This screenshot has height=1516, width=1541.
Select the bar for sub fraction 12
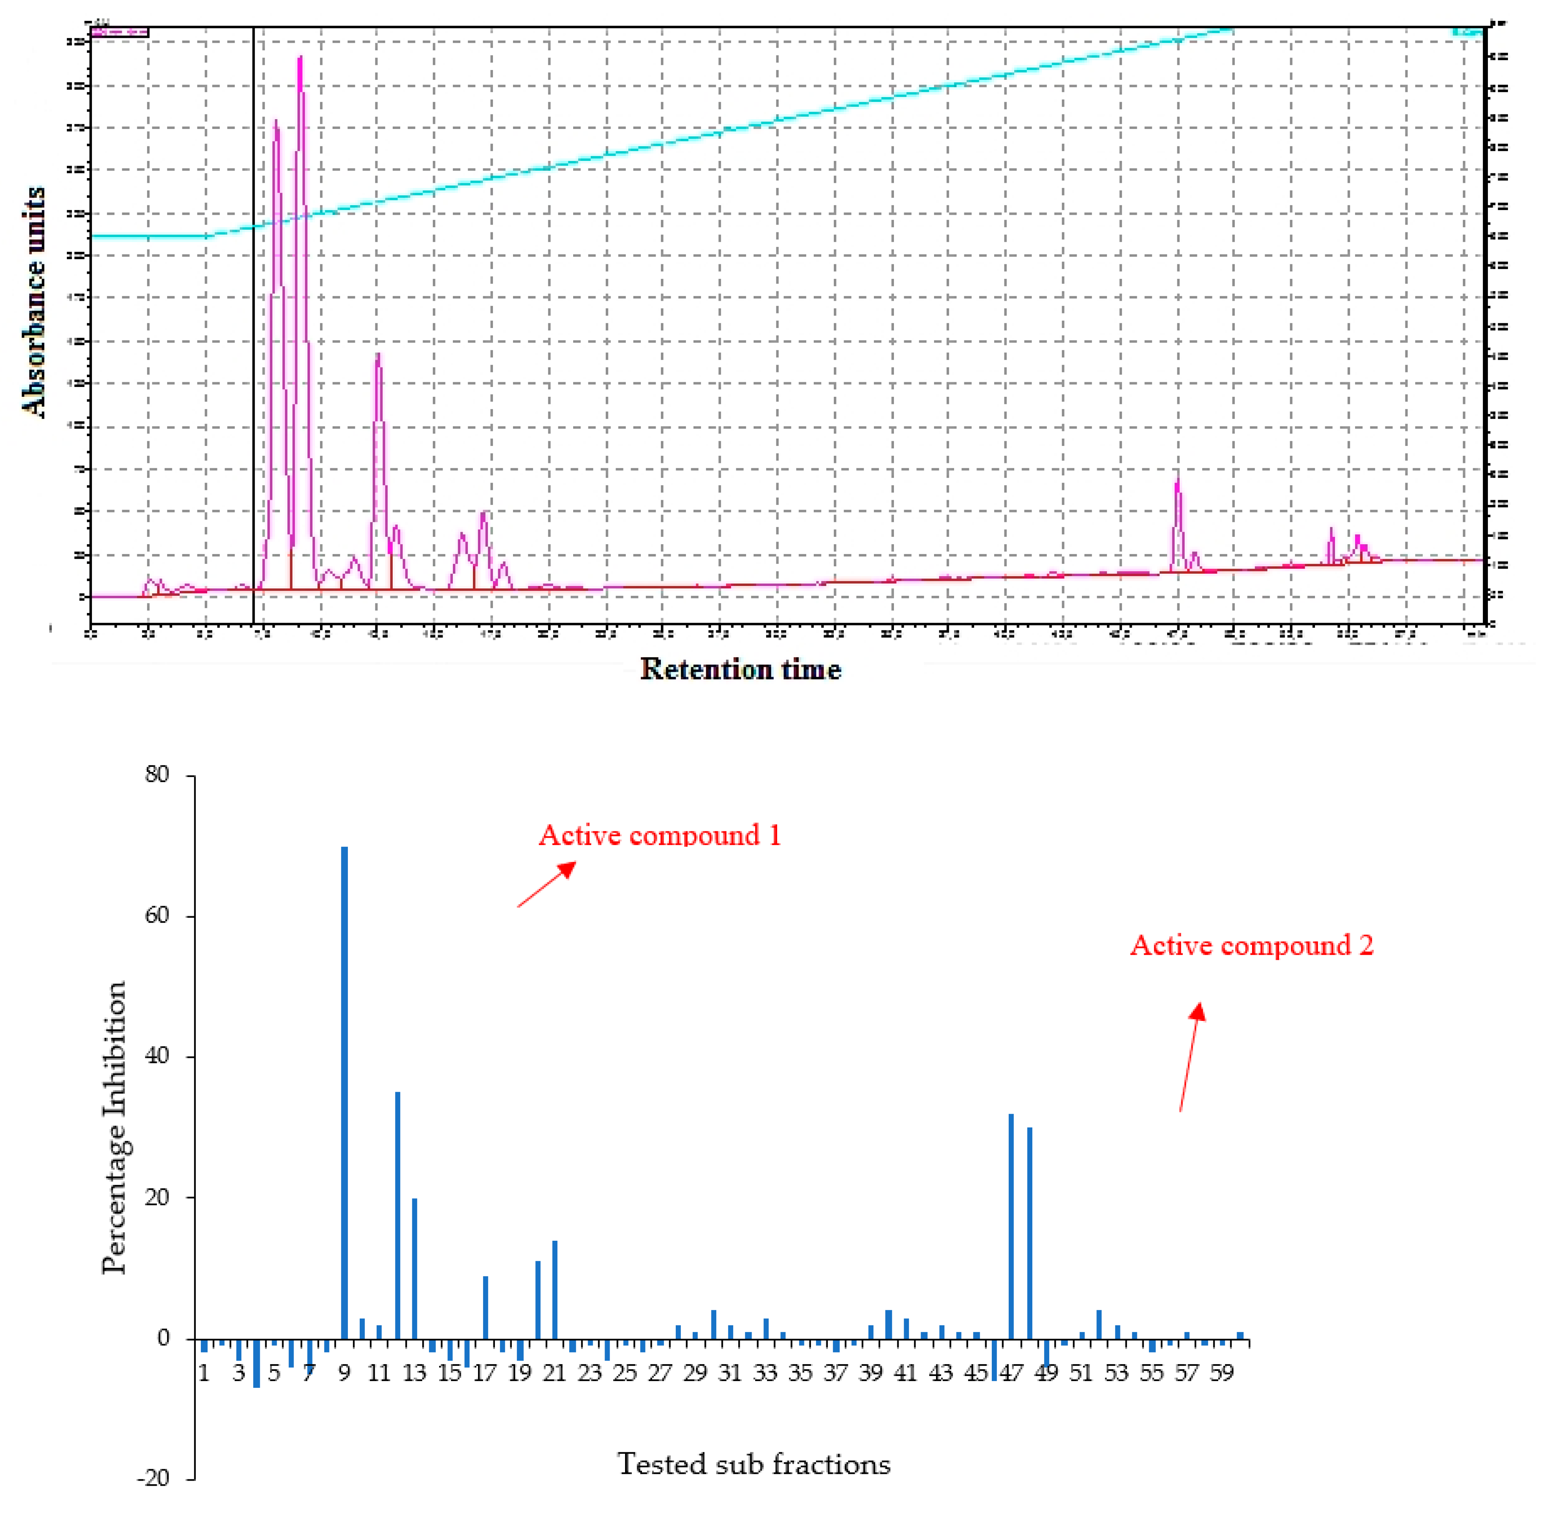tap(397, 1214)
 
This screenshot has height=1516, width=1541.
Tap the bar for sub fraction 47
tap(1011, 1226)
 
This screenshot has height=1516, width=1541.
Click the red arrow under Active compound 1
tap(546, 884)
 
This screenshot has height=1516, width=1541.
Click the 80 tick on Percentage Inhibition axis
tap(158, 775)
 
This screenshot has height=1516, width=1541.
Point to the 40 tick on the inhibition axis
tap(158, 1057)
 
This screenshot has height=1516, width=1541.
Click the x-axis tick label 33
tap(765, 1373)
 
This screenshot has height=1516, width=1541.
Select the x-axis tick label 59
tap(1222, 1373)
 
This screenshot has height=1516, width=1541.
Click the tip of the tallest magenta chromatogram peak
tap(300, 57)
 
